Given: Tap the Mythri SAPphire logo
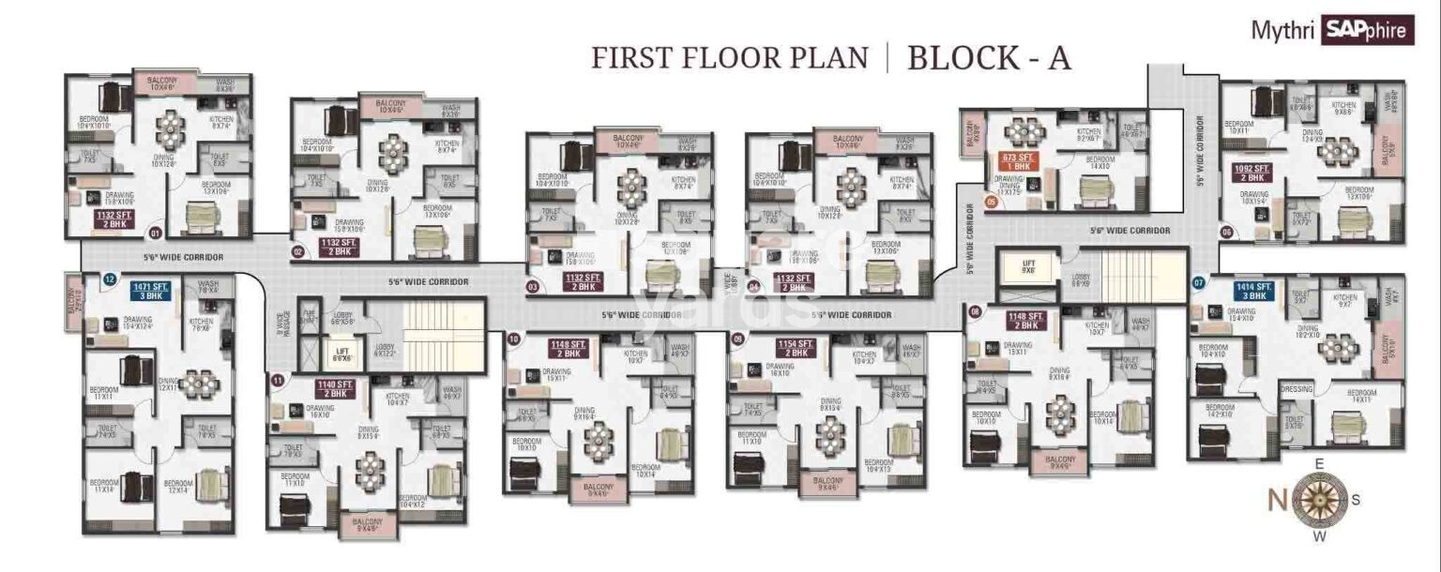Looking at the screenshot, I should coord(1331,30).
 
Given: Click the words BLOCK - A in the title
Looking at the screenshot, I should coord(989,57).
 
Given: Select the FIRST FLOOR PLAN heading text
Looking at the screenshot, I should coord(729,58).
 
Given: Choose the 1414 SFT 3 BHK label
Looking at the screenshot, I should coord(1253,291).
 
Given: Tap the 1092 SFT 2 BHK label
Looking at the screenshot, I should coord(1252,173).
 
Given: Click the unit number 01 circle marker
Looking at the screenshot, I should coord(156,233).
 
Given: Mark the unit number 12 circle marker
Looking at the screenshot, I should coord(110,278).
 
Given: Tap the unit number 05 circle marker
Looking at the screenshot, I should coord(991,201).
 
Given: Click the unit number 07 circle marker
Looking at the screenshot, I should coord(1198,281).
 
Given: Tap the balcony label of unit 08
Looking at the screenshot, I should coord(1060,461).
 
